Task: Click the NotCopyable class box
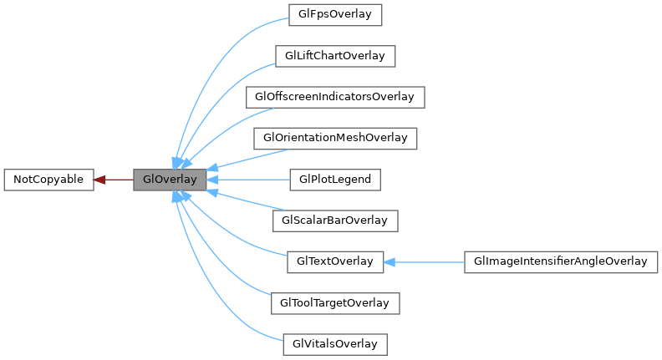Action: click(48, 180)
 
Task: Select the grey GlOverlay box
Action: click(170, 180)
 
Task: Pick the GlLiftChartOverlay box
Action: click(334, 56)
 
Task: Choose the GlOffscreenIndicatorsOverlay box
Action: click(334, 97)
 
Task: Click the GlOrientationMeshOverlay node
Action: click(334, 138)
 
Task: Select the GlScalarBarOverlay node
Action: click(334, 221)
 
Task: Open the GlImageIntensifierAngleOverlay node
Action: click(561, 261)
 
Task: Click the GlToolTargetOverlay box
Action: click(334, 302)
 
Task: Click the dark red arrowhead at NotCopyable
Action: click(99, 180)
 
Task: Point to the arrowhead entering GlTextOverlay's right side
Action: click(390, 261)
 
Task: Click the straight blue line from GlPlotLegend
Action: click(251, 180)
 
